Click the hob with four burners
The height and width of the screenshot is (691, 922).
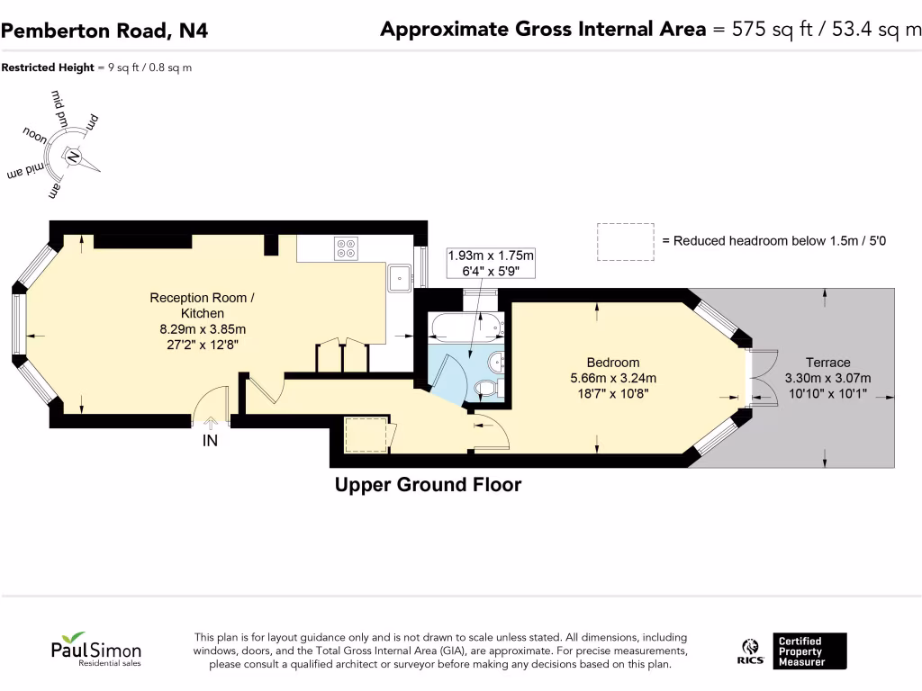coord(346,248)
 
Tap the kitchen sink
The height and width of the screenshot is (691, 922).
coord(400,277)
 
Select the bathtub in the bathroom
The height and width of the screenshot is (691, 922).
coord(467,328)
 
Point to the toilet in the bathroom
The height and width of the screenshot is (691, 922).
coord(487,387)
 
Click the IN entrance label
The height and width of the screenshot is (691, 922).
coord(210,441)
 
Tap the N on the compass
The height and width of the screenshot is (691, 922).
coord(73,157)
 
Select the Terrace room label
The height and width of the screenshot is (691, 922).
coord(828,363)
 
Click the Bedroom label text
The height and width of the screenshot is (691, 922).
coord(613,363)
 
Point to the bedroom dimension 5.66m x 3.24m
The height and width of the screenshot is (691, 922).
coord(613,378)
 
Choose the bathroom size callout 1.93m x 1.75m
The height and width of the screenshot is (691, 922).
coord(491,256)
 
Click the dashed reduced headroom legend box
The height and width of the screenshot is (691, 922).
coord(626,241)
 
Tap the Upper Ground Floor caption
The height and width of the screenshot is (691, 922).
coord(428,485)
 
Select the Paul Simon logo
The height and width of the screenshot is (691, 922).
coord(95,650)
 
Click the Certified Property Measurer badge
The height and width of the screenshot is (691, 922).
coord(809,651)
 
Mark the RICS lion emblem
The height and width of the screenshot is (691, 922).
coord(750,647)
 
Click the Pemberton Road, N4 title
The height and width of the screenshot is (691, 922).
coord(104,31)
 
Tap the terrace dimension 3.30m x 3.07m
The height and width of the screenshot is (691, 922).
coord(828,378)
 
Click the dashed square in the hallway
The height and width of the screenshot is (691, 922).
coord(366,435)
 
